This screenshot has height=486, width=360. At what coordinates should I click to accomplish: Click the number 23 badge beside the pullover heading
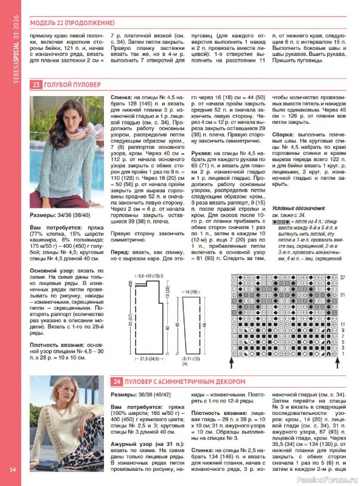tap(36, 84)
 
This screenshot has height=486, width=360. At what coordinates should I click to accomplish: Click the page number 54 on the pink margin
tap(12, 468)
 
